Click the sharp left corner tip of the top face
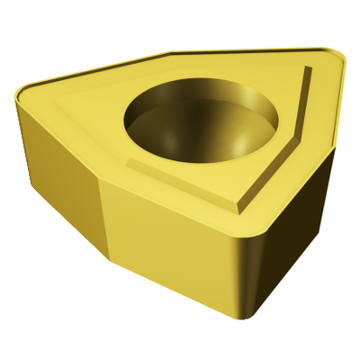(18, 90)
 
